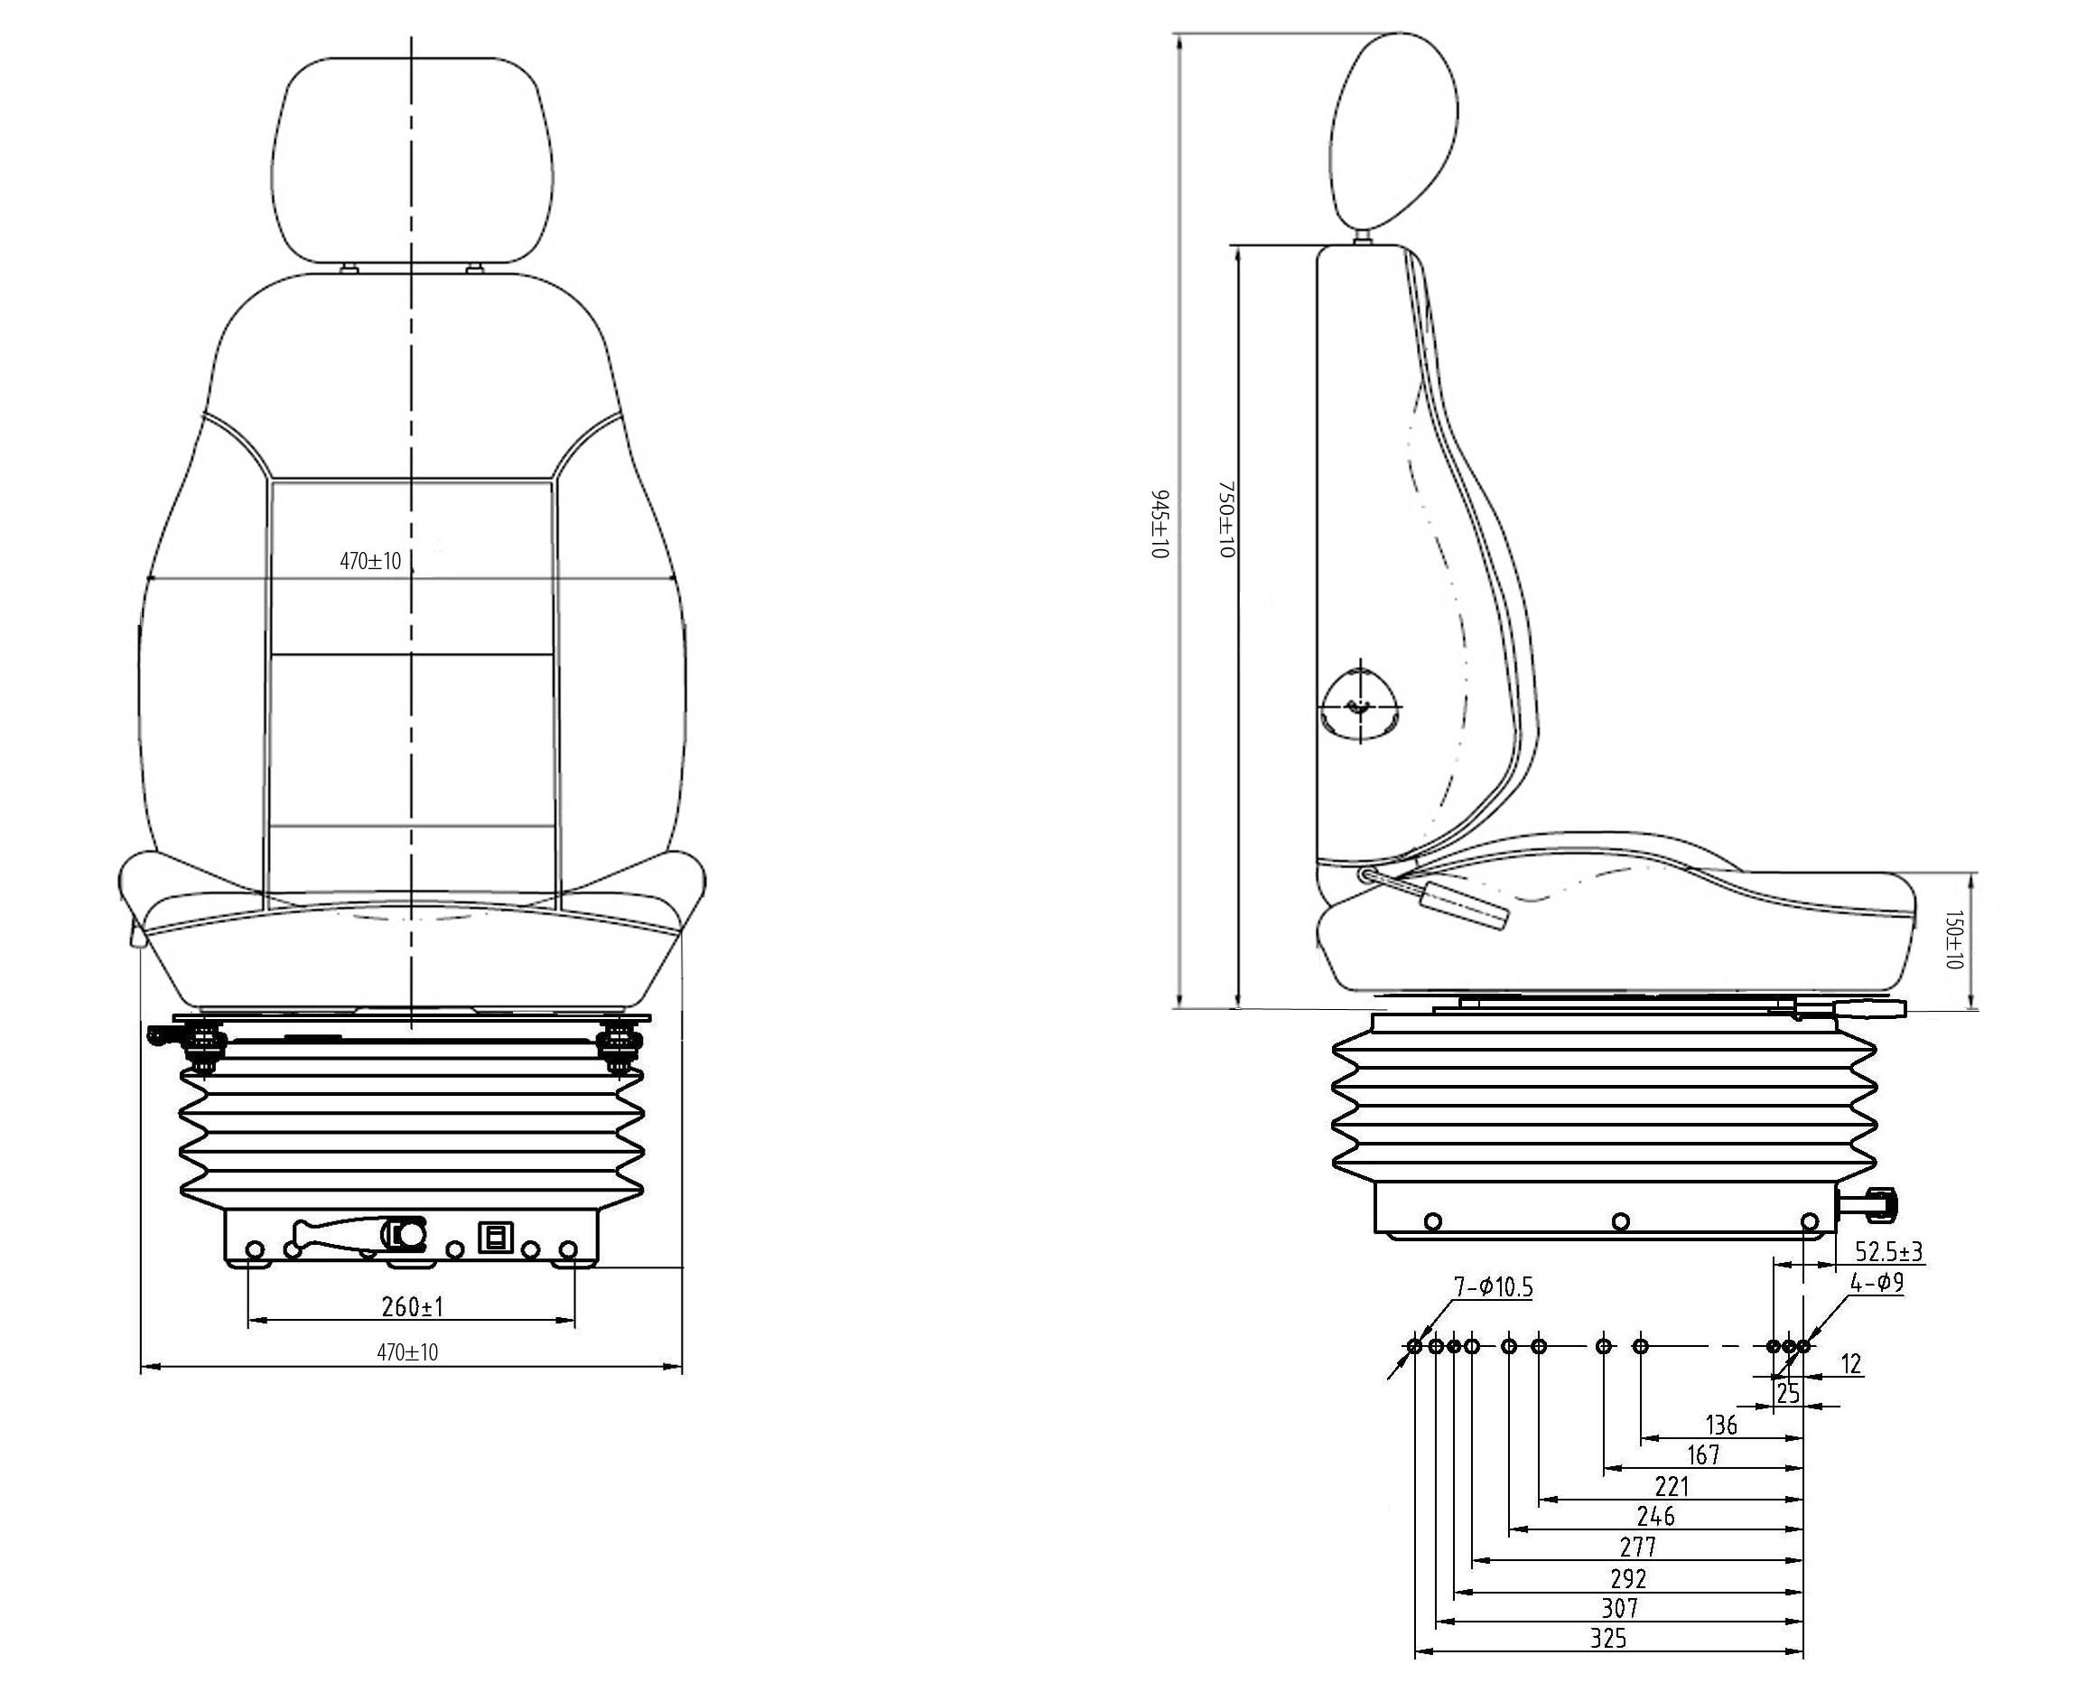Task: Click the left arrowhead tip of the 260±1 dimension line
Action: point(249,1321)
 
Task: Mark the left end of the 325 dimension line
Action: point(1415,1651)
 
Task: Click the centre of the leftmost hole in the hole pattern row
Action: point(1415,1347)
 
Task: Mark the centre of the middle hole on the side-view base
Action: point(1620,1221)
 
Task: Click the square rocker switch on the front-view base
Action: point(495,1237)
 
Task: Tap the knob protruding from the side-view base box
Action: point(1869,1205)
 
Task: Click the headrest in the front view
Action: point(413,160)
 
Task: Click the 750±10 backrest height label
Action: point(1226,519)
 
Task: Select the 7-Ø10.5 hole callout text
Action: point(1494,1287)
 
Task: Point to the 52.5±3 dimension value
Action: point(1889,1251)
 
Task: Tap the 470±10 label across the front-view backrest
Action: point(370,561)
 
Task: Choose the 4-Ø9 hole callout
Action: point(1877,1284)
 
